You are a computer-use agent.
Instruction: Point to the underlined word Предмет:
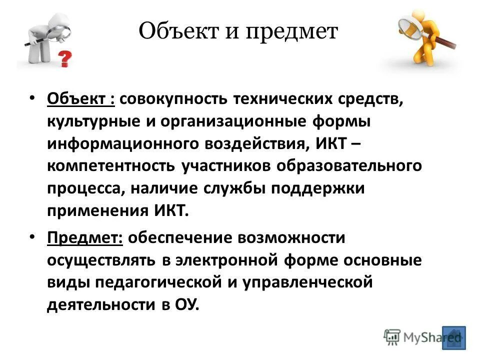(x=85, y=238)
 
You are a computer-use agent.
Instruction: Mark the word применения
(x=95, y=210)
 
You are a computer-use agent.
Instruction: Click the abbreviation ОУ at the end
(x=187, y=304)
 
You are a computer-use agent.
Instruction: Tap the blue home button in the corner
(x=453, y=337)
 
